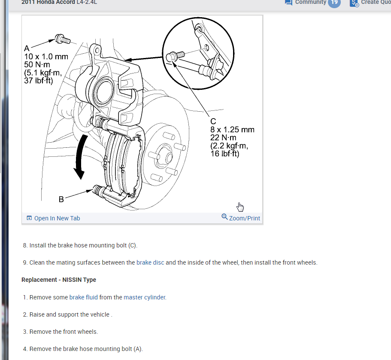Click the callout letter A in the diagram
[27, 49]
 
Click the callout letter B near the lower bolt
[61, 199]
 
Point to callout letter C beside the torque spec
[213, 122]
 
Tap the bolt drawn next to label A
[62, 40]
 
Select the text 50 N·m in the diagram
[38, 65]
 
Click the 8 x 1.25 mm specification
[232, 130]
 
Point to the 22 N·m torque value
[223, 138]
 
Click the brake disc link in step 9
[150, 262]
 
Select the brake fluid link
[83, 297]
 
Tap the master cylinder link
[145, 297]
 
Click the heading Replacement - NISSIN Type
[59, 280]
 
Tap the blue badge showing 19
[334, 3]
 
